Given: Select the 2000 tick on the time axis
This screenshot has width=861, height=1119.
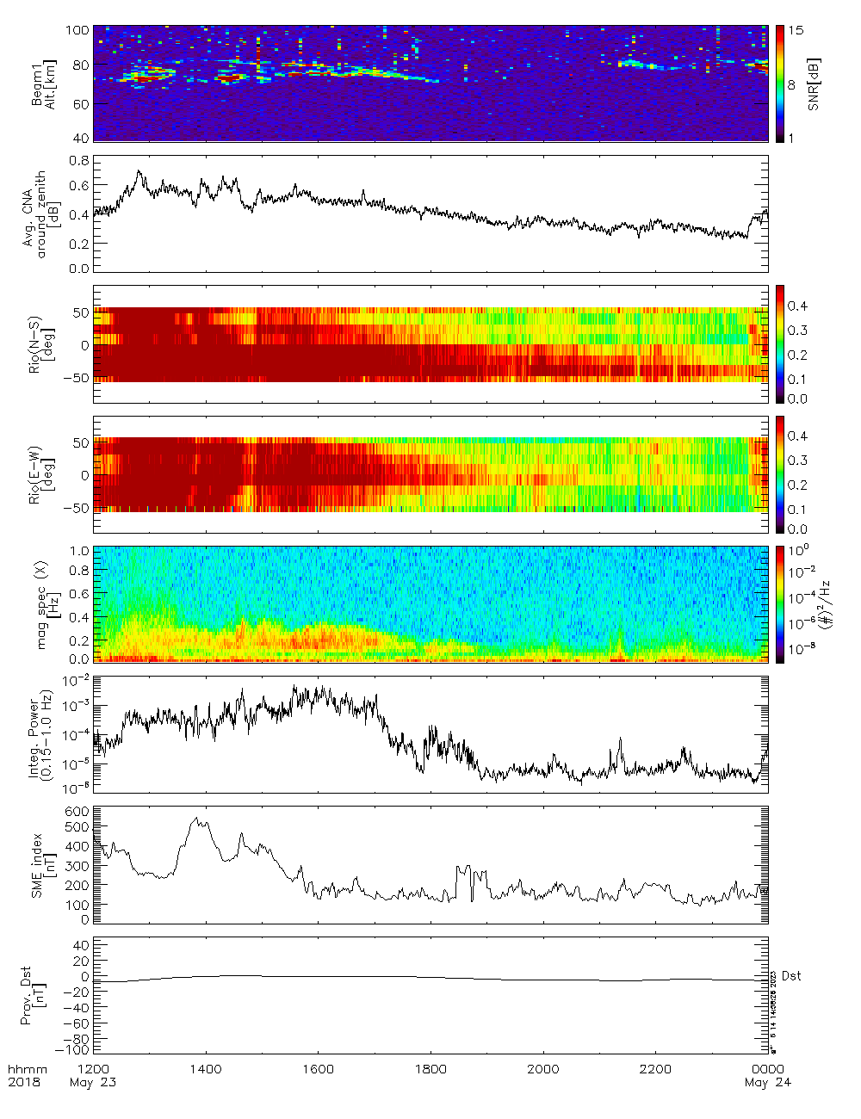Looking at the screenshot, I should (x=543, y=1069).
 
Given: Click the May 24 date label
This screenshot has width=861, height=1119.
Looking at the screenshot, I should (x=767, y=1082).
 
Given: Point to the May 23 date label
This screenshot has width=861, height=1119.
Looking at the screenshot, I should (x=93, y=1082).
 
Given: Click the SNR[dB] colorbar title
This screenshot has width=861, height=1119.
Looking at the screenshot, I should (x=814, y=84).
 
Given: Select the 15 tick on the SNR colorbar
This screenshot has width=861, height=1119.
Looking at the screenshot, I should (x=796, y=30).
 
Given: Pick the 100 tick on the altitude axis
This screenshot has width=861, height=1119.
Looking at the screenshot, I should (x=77, y=30).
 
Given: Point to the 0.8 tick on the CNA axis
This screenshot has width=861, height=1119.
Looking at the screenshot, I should (x=79, y=161).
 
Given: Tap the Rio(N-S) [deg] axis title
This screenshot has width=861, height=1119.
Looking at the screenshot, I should (x=41, y=344).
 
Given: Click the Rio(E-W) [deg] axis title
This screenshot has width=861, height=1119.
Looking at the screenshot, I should (x=41, y=474).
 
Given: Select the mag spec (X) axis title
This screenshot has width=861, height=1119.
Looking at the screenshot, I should (x=42, y=604).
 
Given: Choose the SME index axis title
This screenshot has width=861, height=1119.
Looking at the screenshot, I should (x=42, y=865).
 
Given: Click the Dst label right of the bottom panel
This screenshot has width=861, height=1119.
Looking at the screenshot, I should (x=791, y=975).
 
